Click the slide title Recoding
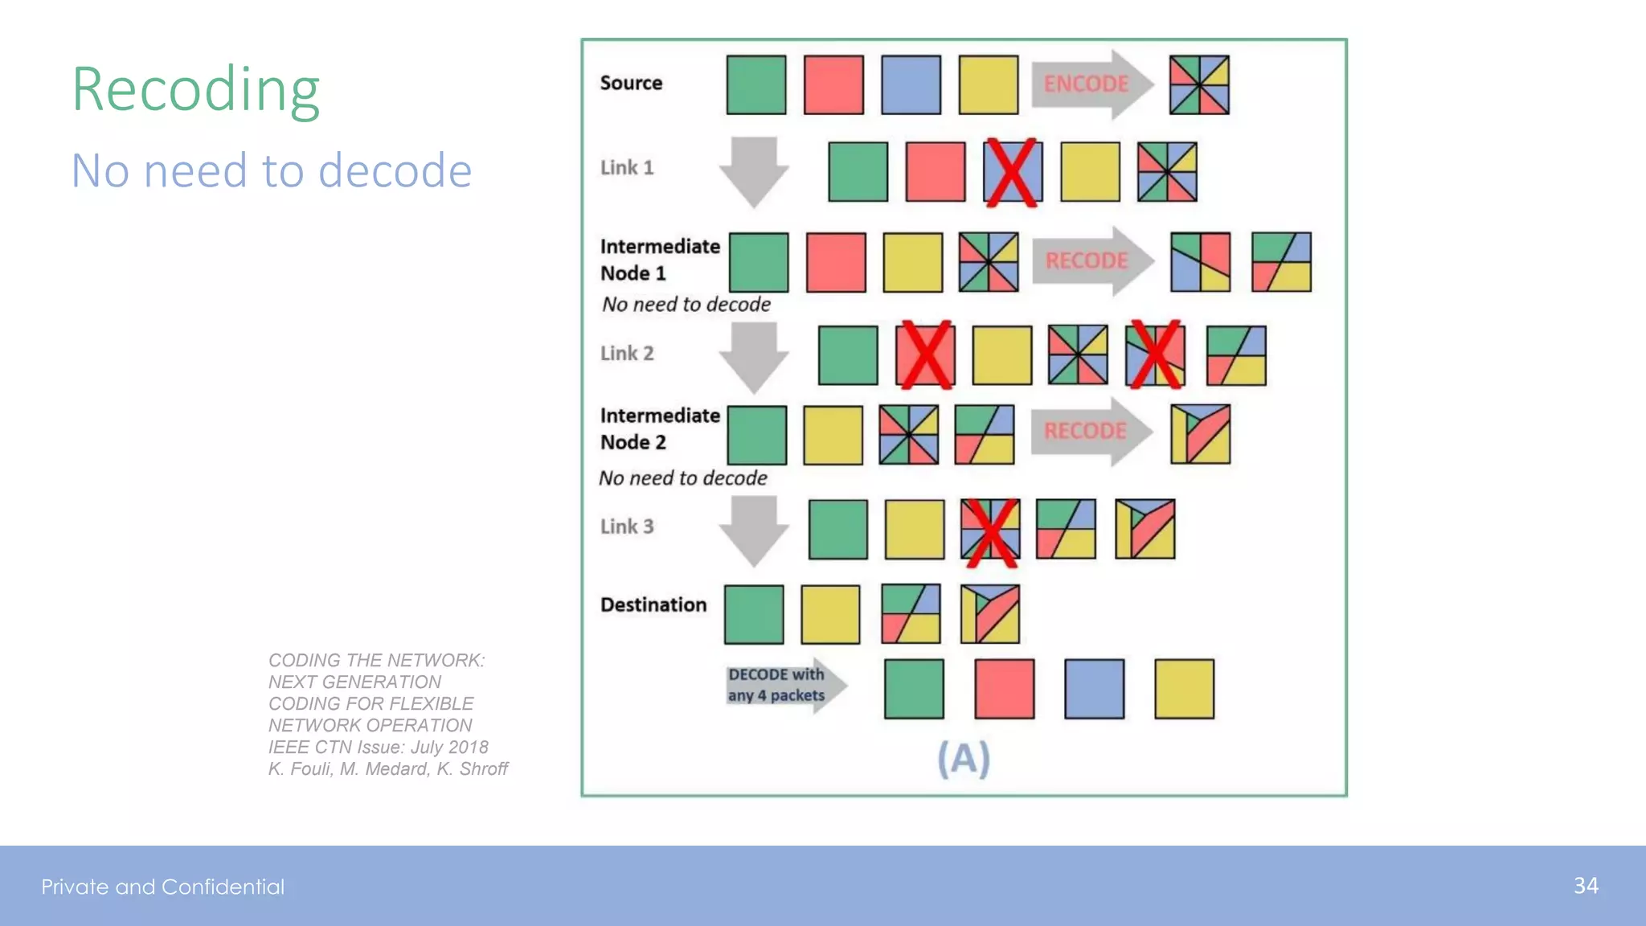[196, 90]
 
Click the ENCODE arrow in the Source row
[1089, 84]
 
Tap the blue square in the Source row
[911, 84]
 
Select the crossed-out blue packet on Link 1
[1012, 171]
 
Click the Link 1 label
[627, 168]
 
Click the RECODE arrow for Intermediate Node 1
[1090, 261]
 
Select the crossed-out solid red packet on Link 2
[925, 355]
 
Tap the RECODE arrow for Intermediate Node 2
[1088, 432]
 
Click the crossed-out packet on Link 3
[990, 530]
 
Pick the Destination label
[653, 604]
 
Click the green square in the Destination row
[753, 615]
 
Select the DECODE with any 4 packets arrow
[784, 686]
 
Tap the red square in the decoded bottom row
[1004, 689]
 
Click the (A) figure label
[964, 759]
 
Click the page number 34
[1586, 886]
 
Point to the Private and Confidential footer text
[163, 887]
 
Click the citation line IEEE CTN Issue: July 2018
[378, 748]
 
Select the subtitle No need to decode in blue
[272, 171]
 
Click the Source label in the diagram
[631, 83]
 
